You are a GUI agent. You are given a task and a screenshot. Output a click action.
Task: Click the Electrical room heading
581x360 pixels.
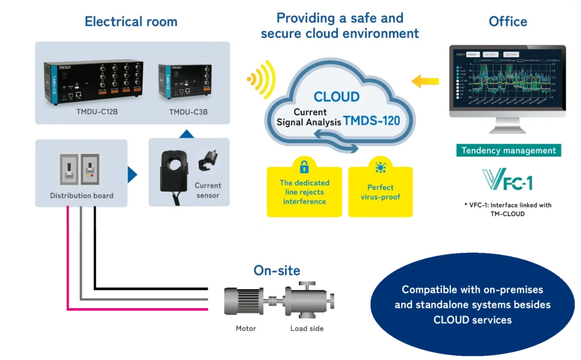(131, 22)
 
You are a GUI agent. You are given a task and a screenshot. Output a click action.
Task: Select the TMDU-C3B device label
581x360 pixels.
(188, 112)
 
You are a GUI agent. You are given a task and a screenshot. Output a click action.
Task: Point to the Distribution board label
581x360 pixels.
(81, 196)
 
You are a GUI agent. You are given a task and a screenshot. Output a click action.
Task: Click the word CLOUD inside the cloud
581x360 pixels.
(336, 96)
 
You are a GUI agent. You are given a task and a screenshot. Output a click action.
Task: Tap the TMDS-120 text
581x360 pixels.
(379, 121)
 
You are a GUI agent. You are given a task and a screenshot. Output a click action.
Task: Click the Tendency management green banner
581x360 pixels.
(508, 150)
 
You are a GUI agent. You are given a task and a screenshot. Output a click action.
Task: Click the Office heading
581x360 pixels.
(508, 22)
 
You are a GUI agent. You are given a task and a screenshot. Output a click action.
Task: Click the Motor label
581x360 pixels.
(246, 328)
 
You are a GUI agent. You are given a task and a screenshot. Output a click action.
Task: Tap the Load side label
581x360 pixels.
(307, 328)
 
